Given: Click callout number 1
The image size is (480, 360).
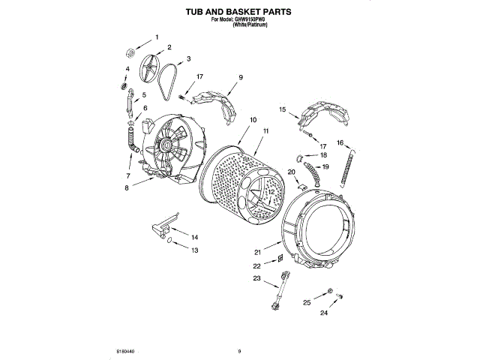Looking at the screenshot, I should (x=157, y=37).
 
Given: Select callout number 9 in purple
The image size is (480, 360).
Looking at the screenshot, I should (x=241, y=77).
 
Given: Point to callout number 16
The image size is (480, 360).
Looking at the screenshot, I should (x=340, y=142).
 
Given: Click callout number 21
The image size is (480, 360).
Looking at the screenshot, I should (x=256, y=252).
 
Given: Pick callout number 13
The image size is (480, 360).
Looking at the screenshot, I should (x=194, y=250).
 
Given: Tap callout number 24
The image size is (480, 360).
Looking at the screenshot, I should (x=325, y=314).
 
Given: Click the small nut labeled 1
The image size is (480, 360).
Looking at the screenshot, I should (x=130, y=52).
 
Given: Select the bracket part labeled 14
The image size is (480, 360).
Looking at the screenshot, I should (x=163, y=226).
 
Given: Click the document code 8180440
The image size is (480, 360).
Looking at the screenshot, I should (x=125, y=350).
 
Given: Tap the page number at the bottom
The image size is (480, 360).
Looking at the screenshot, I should (x=239, y=350).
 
